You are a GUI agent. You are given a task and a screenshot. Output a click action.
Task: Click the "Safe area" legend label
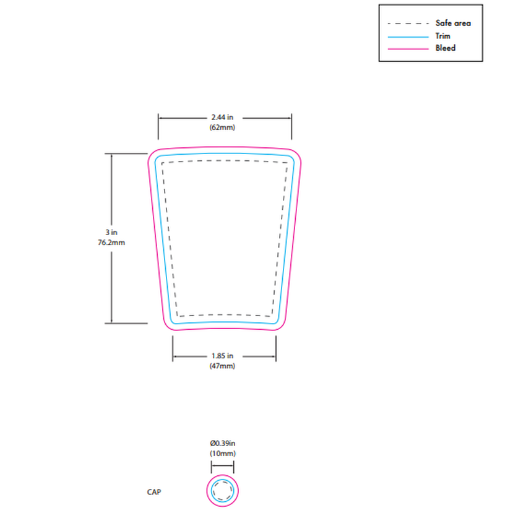[453, 23]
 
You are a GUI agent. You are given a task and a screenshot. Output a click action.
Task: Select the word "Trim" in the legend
[443, 36]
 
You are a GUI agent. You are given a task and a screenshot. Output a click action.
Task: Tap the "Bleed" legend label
[446, 48]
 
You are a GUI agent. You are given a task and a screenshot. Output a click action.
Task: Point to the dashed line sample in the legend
[408, 24]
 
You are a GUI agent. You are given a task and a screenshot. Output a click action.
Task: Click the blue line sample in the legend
[408, 37]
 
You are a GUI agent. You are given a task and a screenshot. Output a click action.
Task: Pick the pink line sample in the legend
[408, 49]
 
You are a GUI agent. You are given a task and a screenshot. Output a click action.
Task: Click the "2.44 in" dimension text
[222, 117]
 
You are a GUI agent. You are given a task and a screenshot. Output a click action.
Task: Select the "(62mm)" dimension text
[222, 127]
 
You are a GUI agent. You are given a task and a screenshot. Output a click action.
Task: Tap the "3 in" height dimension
[111, 232]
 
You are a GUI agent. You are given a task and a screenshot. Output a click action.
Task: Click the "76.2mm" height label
[111, 243]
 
